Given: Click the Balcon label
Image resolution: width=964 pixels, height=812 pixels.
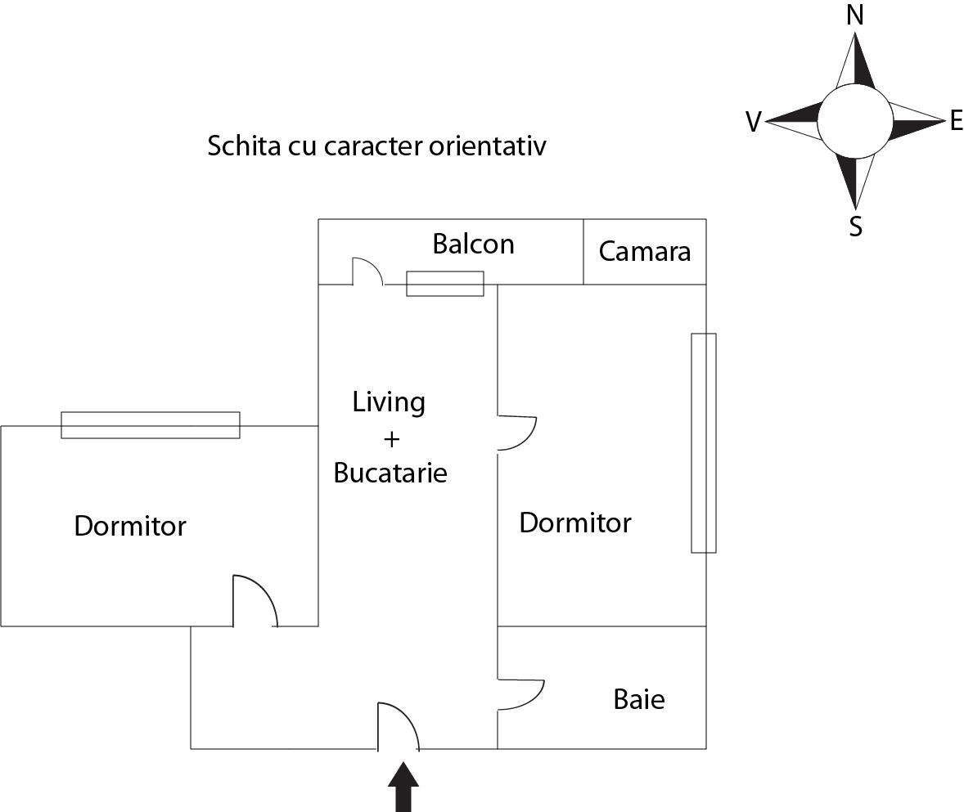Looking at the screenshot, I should pos(473,244).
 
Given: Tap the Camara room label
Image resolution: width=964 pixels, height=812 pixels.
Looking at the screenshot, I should pos(644,251).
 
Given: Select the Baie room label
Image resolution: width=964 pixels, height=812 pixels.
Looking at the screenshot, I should pos(638,699).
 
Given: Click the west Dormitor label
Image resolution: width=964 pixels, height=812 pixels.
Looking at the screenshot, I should pos(130,526).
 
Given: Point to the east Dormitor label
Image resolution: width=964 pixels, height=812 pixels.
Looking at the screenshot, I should pos(575,523).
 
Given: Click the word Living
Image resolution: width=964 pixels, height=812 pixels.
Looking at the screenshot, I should pos(389,402).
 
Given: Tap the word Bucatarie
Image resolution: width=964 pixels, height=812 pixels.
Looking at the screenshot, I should pos(390,473).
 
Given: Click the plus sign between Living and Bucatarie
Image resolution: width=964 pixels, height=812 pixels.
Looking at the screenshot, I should pos(391,439).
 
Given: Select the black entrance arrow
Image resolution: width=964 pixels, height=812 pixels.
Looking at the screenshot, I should pos(403,787).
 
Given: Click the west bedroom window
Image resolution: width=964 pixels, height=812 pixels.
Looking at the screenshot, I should pos(151,425).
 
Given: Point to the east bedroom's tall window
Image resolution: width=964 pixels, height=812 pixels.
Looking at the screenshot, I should pos(704,442).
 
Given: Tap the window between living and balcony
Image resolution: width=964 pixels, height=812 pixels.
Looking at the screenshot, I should pos(445,284).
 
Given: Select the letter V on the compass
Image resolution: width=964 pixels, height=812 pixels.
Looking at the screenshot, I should pos(753,123).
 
